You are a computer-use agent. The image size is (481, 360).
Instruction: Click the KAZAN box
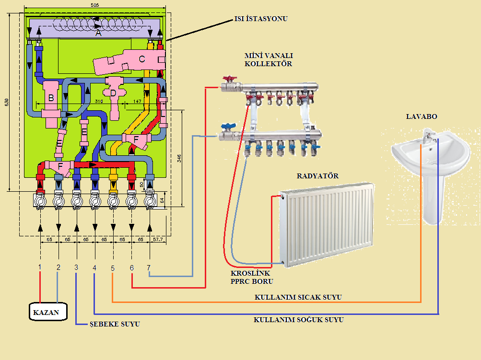[47, 313]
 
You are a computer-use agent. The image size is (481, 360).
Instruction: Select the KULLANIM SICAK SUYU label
[298, 297]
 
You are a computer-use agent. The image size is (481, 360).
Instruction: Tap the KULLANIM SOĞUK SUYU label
[298, 320]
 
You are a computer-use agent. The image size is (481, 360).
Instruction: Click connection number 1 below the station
[40, 267]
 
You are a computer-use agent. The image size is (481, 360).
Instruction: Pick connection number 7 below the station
[149, 267]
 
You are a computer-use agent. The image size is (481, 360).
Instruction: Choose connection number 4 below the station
[94, 267]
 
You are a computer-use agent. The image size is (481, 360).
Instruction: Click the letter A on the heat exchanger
[98, 34]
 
